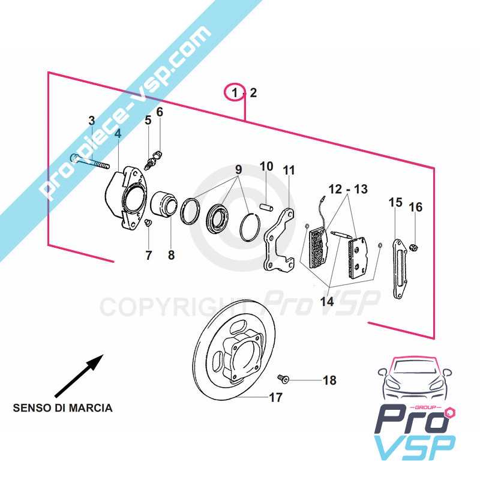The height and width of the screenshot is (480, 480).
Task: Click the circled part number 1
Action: [x=235, y=92]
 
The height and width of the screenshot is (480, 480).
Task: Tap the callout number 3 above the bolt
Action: [x=92, y=121]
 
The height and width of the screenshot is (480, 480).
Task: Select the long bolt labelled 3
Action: [x=89, y=161]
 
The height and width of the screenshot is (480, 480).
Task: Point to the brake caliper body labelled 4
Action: [x=125, y=197]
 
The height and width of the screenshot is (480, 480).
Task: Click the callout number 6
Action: [x=160, y=112]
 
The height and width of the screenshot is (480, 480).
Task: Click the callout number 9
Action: [x=238, y=169]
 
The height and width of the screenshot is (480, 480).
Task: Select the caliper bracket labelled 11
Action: [x=279, y=241]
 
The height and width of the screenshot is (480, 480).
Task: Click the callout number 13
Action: [x=361, y=189]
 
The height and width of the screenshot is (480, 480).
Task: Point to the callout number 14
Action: [x=326, y=302]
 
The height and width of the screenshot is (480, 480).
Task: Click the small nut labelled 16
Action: [x=413, y=247]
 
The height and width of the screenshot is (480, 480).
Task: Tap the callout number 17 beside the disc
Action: [x=275, y=397]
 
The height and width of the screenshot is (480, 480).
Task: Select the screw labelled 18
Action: [x=283, y=379]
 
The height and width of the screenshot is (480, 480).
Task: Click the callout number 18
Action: [x=329, y=380]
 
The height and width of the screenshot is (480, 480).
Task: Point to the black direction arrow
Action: [x=79, y=376]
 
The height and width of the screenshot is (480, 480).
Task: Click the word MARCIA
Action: [x=91, y=408]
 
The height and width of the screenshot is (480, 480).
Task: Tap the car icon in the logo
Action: [x=415, y=379]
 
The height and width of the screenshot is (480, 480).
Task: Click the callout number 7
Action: [x=149, y=255]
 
